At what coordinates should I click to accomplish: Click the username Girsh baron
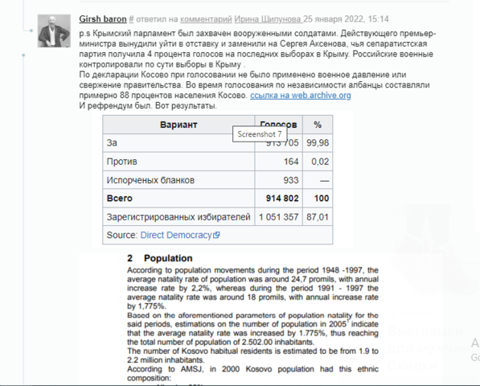[102, 18]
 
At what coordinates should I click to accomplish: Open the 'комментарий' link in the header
[203, 18]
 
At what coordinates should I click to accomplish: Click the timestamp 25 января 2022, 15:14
[346, 18]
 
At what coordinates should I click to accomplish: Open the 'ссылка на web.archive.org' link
[301, 95]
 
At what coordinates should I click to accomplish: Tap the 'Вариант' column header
[178, 125]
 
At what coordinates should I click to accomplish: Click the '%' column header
[318, 125]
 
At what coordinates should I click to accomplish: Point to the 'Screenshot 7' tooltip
[257, 134]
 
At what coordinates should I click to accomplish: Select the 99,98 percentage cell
[318, 143]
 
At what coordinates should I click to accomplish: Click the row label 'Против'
[122, 162]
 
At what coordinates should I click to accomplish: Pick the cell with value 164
[290, 162]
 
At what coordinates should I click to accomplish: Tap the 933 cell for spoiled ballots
[290, 180]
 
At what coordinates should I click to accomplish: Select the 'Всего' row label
[120, 198]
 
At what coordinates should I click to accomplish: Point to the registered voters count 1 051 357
[278, 217]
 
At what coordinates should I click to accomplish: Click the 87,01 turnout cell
[318, 217]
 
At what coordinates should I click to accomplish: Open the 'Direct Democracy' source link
[175, 235]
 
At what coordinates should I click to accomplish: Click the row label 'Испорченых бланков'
[150, 180]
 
